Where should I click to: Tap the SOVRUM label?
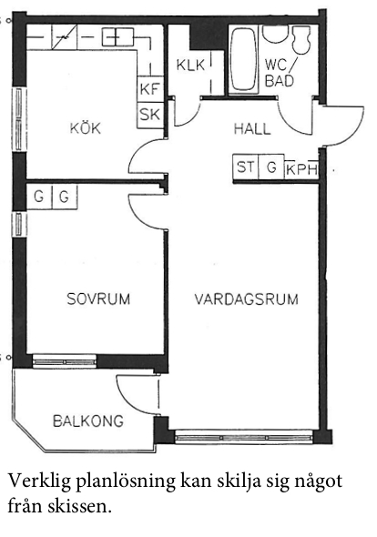click(98, 299)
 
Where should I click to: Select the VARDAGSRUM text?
click(247, 299)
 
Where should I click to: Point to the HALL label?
click(252, 128)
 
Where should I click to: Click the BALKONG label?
click(88, 420)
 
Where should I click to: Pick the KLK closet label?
click(190, 65)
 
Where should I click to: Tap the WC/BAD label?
click(280, 73)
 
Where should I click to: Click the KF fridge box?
click(150, 89)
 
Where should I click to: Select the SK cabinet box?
click(150, 115)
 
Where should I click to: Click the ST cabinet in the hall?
click(246, 167)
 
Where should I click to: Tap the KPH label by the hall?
click(301, 169)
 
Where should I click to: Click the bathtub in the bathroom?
click(243, 59)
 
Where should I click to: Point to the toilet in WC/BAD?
click(301, 39)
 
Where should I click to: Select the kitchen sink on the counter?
click(117, 36)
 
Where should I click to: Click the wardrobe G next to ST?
click(271, 167)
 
